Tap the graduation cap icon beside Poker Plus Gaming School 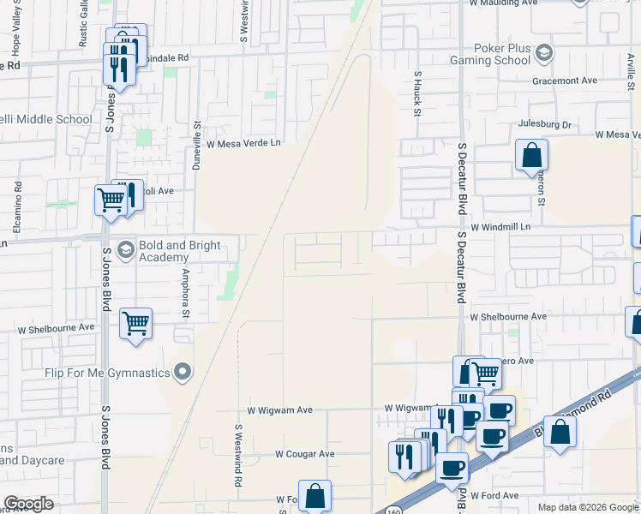pyautogui.click(x=542, y=55)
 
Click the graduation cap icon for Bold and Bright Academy pyautogui.click(x=126, y=249)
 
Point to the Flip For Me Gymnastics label pyautogui.click(x=107, y=372)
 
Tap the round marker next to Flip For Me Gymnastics pyautogui.click(x=182, y=371)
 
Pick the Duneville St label pyautogui.click(x=196, y=145)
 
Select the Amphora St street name pyautogui.click(x=184, y=292)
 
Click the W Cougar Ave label pyautogui.click(x=305, y=453)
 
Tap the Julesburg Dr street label pyautogui.click(x=543, y=124)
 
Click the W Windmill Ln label pyautogui.click(x=501, y=226)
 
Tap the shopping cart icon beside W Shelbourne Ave pyautogui.click(x=135, y=324)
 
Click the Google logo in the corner pyautogui.click(x=28, y=504)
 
